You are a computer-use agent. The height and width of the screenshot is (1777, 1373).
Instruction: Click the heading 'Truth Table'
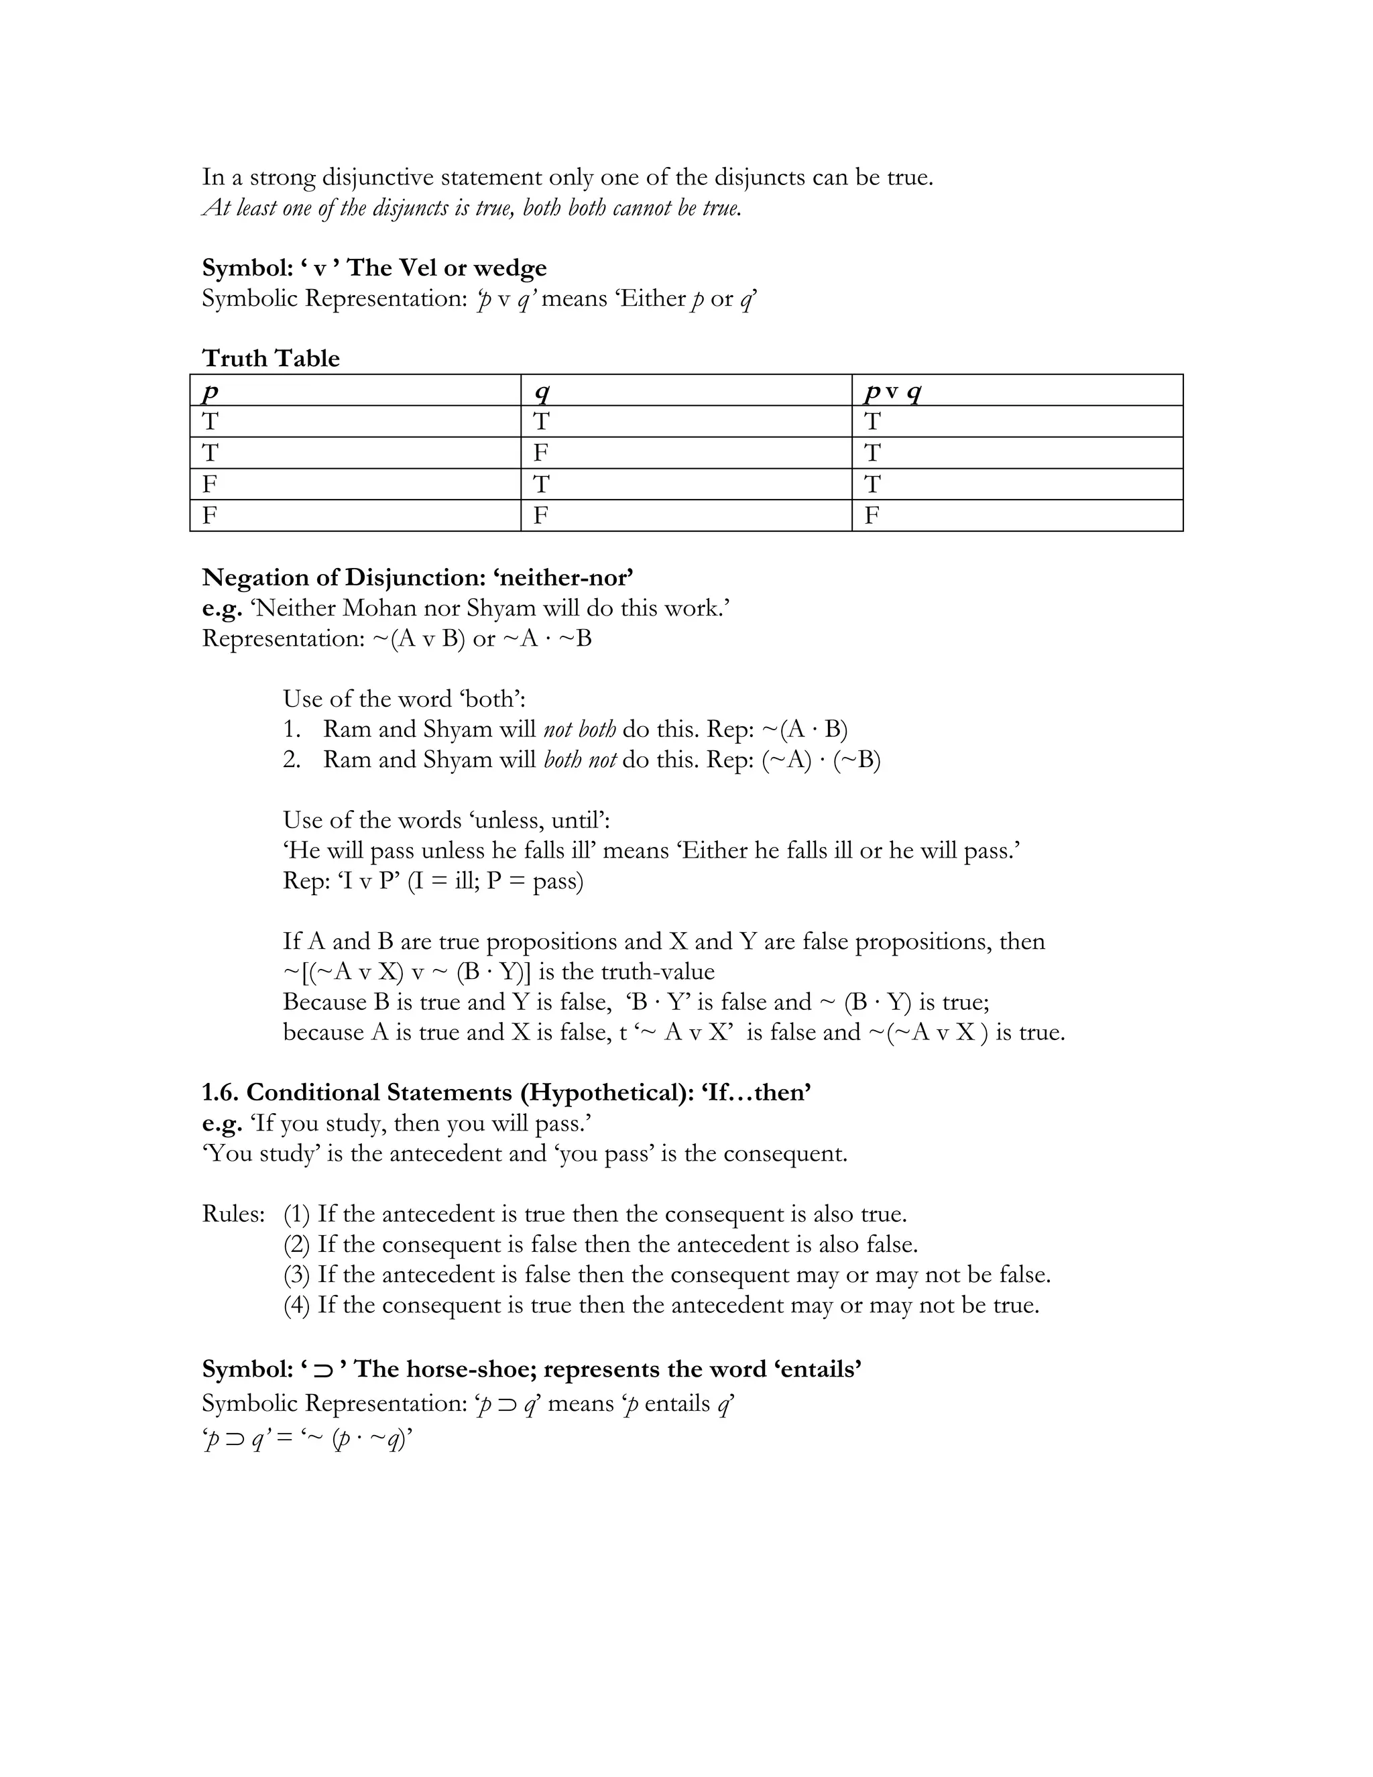click(270, 358)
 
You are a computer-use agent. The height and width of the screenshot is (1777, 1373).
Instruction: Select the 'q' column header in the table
click(542, 392)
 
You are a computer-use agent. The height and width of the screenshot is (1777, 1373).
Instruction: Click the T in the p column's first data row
click(210, 422)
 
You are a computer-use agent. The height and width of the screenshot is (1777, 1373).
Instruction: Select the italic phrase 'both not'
click(579, 759)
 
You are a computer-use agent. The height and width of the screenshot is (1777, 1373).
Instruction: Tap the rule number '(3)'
click(297, 1274)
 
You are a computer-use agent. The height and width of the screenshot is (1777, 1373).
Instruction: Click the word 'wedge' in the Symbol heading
click(510, 268)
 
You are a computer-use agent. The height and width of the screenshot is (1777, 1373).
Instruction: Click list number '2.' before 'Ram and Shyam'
click(292, 759)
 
